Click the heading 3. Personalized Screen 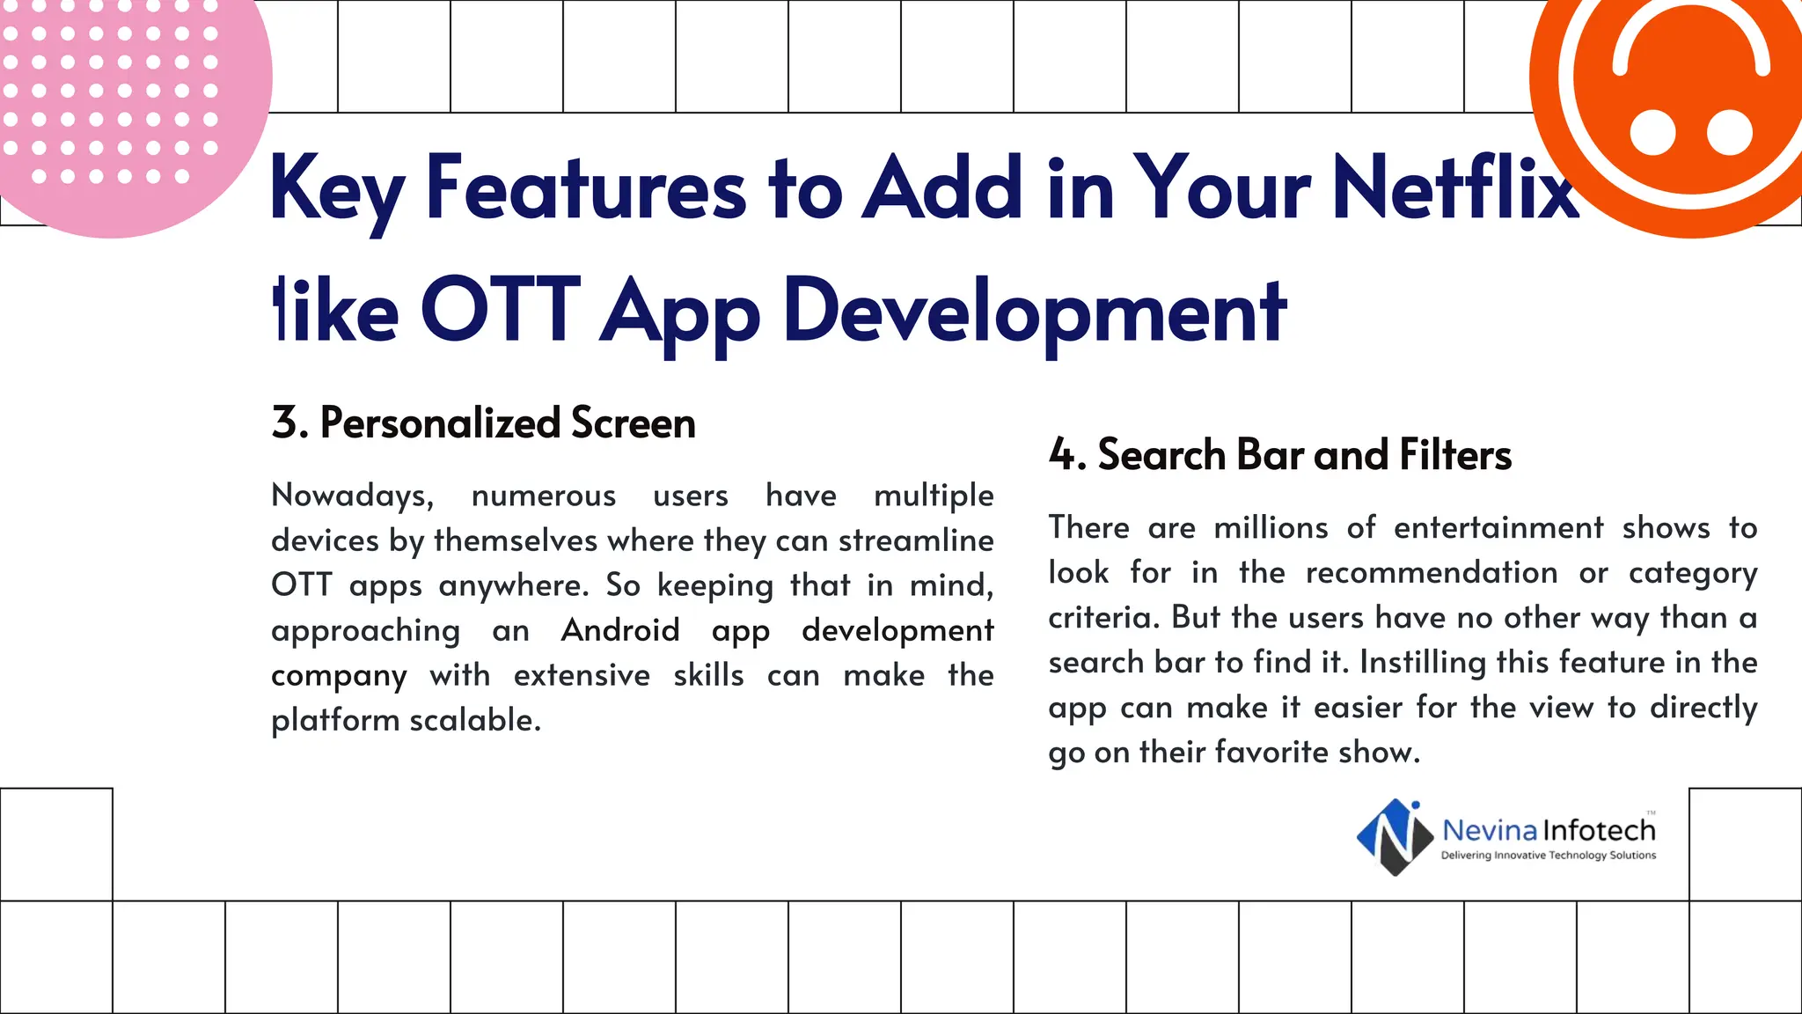click(x=483, y=423)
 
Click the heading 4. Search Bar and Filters click(x=1279, y=455)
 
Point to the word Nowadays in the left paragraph click(x=352, y=496)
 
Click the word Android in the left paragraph click(x=620, y=630)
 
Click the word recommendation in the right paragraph click(x=1431, y=573)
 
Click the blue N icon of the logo click(x=1395, y=836)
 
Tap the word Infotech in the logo click(x=1600, y=830)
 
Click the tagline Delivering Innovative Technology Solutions click(x=1548, y=856)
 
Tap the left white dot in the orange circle click(x=1652, y=133)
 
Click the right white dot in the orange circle click(x=1730, y=133)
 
